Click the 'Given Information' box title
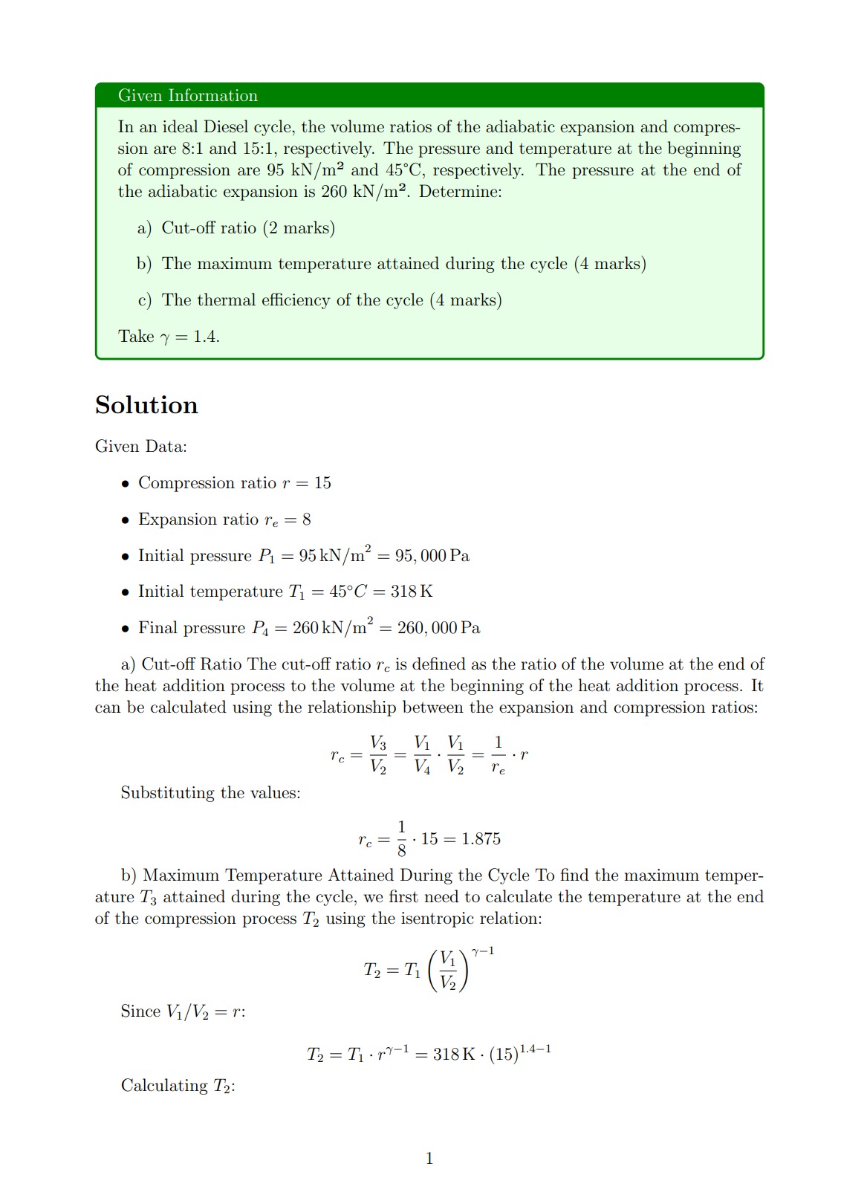[x=187, y=96]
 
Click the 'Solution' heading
[x=146, y=405]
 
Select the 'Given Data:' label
[x=140, y=447]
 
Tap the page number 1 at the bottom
[x=429, y=1158]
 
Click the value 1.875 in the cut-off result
[x=481, y=839]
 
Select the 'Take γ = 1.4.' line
[x=169, y=337]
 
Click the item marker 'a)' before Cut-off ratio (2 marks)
[x=144, y=228]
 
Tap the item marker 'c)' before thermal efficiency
[x=144, y=300]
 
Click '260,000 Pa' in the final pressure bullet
[x=438, y=628]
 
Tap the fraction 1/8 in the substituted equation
[x=402, y=838]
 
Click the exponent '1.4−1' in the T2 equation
[x=535, y=1049]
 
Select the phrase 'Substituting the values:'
[x=210, y=793]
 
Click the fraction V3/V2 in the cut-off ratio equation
[x=378, y=755]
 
